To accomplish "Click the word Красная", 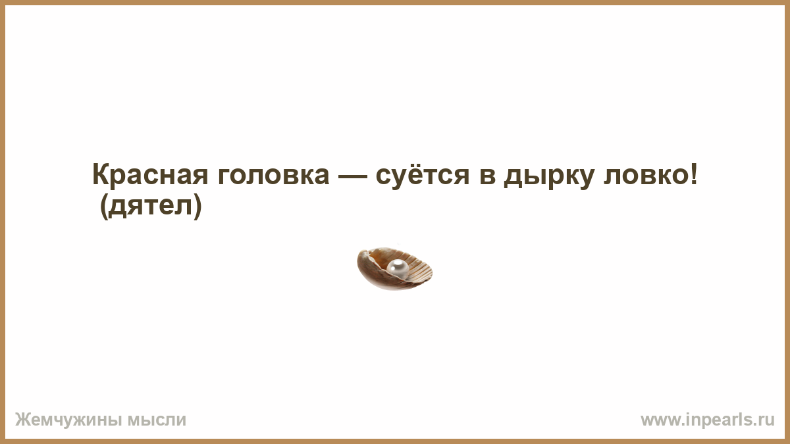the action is [x=150, y=175].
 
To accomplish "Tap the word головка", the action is [x=273, y=175].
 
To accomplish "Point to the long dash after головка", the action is [x=352, y=176].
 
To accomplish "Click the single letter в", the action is [x=487, y=176].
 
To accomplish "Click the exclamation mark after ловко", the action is [x=694, y=174].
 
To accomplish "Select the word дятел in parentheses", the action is [x=150, y=206].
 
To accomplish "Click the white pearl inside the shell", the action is [x=398, y=269].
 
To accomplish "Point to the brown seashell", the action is [x=394, y=269].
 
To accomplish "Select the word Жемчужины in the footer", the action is [x=68, y=420].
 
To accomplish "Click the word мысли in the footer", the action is [x=157, y=420].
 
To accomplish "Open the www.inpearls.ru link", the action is [x=708, y=420].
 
